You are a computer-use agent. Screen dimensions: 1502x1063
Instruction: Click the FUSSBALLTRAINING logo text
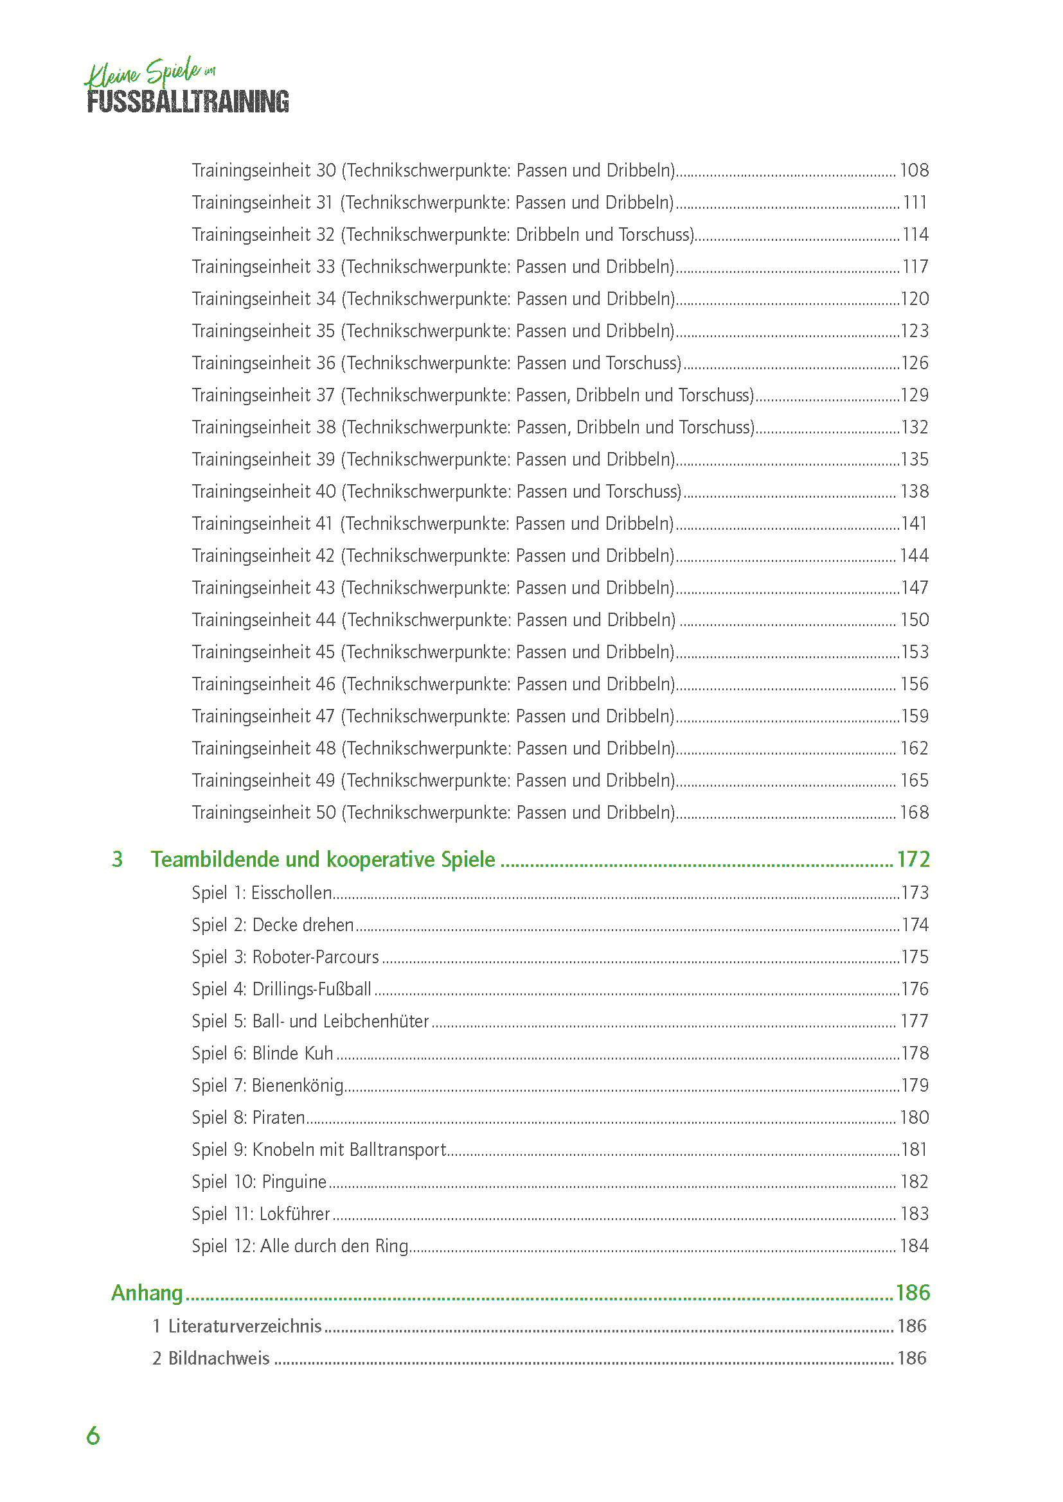point(188,101)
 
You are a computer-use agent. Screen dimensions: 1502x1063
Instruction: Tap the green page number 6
point(93,1435)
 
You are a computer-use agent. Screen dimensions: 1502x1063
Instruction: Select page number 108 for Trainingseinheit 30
point(914,170)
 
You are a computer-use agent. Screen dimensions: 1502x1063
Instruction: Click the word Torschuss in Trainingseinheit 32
point(655,234)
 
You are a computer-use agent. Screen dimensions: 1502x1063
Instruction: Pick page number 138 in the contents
point(914,491)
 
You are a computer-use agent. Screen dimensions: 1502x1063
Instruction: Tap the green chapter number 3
point(117,859)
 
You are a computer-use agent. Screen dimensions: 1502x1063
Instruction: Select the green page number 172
point(913,859)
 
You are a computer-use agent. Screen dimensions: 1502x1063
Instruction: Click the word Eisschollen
point(291,893)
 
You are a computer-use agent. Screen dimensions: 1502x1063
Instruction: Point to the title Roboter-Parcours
point(316,957)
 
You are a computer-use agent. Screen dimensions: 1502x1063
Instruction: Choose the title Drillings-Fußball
point(312,989)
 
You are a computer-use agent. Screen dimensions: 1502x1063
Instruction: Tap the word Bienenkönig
point(298,1085)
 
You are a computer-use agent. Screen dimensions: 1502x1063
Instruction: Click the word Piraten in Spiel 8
point(279,1117)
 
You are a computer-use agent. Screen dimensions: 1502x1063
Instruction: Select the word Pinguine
point(294,1182)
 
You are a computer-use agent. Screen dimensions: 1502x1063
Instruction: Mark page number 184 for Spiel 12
point(914,1246)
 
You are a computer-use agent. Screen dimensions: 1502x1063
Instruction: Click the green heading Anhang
point(147,1293)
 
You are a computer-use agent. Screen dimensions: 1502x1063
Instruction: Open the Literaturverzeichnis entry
point(245,1326)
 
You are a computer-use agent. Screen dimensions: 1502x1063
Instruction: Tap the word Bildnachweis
point(219,1358)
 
